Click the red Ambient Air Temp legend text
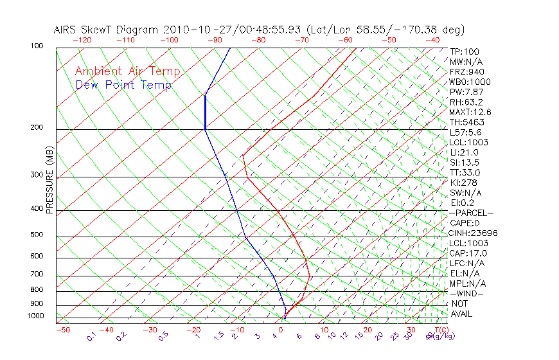tap(127, 71)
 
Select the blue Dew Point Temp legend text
tap(123, 85)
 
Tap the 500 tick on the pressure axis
tap(37, 235)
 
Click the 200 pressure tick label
tap(37, 128)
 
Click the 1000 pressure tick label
tap(36, 316)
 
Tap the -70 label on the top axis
tap(301, 40)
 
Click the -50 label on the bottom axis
tap(62, 330)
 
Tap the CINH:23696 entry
tap(474, 233)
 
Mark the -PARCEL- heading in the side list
tap(472, 213)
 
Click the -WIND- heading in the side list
tap(467, 293)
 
